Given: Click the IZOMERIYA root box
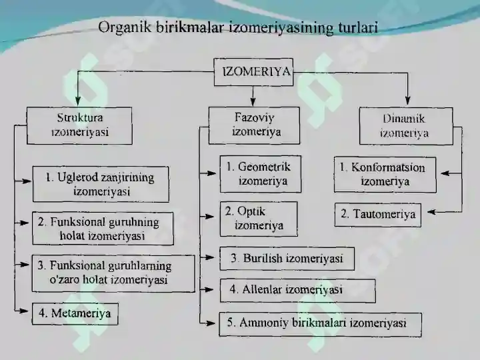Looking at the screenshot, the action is point(253,72).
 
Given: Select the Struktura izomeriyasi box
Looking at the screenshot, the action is point(79,125).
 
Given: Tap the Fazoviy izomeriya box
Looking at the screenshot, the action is point(254,125).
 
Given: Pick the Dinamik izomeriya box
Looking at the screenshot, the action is point(406,126).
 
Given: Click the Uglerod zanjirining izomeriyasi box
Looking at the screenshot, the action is point(101,184).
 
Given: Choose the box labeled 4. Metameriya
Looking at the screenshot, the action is point(75,314).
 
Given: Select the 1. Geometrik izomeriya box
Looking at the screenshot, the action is point(261,174).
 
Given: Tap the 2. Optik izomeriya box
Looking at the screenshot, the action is point(259,219).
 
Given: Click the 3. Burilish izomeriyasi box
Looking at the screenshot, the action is point(287,259).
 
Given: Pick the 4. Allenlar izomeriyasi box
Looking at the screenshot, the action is point(297,291).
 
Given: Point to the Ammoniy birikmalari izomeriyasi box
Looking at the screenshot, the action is point(320,324).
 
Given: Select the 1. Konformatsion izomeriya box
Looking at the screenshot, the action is point(385,175).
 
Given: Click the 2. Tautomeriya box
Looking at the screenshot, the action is point(378,215).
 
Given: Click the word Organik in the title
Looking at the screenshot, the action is point(125,27).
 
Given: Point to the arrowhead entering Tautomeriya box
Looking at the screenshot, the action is point(431,212).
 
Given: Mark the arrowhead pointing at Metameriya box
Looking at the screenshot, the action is point(24,311).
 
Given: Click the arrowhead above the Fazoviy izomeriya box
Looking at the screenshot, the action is point(253,102).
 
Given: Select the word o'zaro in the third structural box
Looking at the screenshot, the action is point(62,280).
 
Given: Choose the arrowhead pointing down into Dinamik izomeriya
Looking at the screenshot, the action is point(407,101).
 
